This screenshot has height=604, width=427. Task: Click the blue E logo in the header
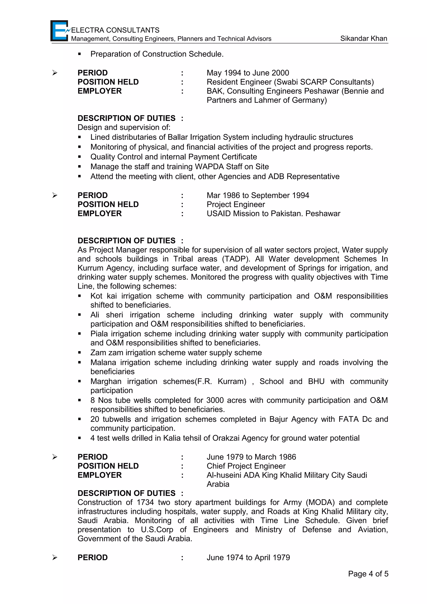(59, 31)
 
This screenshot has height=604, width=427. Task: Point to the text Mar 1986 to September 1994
(257, 195)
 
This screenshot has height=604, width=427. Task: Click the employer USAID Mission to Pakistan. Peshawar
(273, 213)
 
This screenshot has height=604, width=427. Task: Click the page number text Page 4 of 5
(368, 574)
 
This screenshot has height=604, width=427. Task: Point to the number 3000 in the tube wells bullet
(215, 400)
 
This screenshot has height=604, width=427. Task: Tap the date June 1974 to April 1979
(248, 558)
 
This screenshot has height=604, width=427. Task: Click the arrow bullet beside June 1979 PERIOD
(55, 457)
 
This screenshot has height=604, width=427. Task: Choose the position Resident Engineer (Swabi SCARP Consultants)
(290, 82)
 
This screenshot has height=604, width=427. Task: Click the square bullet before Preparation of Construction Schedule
(79, 54)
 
